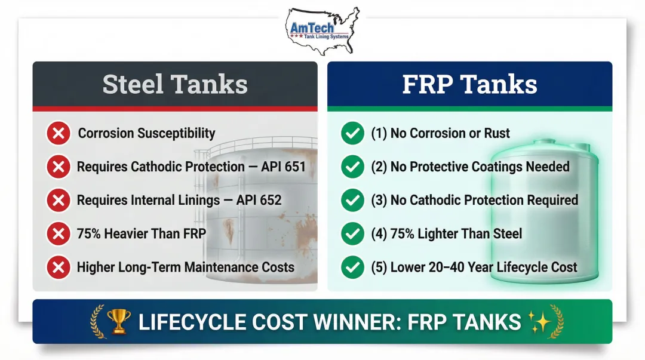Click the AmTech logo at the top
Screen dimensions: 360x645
[x=322, y=30]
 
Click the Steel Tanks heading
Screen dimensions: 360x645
[x=175, y=84]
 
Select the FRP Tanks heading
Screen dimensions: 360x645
[x=469, y=84]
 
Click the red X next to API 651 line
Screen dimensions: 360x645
[x=58, y=167]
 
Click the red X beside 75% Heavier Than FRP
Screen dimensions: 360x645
[x=58, y=233]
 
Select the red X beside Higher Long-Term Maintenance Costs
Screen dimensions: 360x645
[x=58, y=267]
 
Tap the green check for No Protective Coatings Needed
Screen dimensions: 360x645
[x=352, y=167]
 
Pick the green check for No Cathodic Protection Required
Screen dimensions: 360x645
[x=352, y=201]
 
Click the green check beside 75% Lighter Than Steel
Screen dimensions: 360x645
[x=352, y=233]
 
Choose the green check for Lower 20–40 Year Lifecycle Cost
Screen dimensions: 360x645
[x=352, y=267]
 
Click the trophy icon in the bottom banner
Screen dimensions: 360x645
[x=119, y=322]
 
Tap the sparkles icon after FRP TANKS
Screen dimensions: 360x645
[x=540, y=322]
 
